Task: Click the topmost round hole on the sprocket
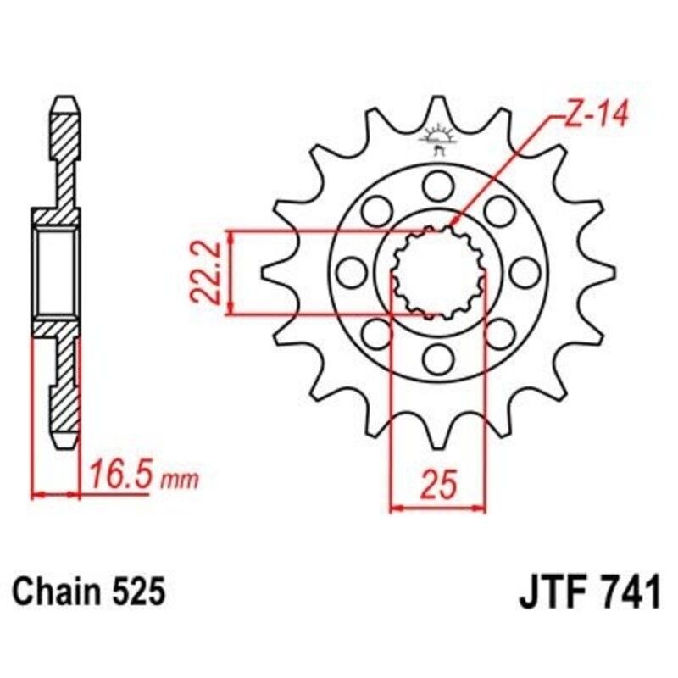(437, 184)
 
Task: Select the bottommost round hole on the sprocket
(437, 359)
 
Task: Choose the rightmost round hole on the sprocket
(525, 272)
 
